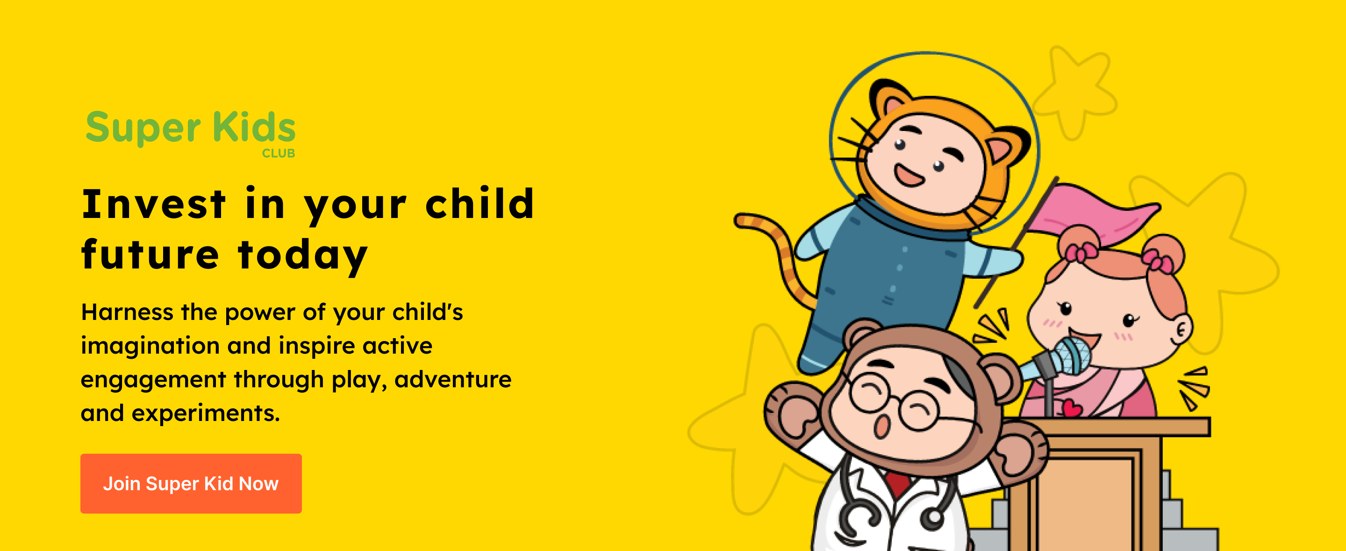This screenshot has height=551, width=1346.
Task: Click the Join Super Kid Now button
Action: pos(191,483)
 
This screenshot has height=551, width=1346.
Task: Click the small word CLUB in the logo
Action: pos(279,153)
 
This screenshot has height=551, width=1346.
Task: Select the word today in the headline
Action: pos(303,254)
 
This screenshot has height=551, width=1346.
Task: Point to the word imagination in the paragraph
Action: pos(150,346)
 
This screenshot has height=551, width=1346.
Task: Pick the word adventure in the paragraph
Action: pos(453,379)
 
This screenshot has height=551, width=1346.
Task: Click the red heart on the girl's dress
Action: pos(1071,408)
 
